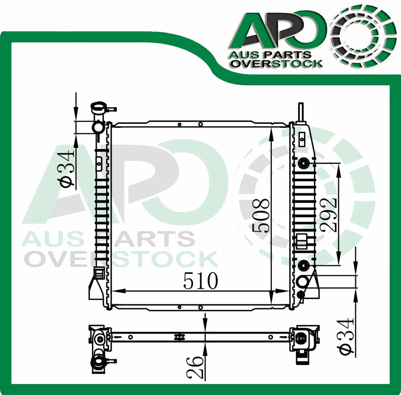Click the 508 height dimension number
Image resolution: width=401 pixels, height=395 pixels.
[261, 215]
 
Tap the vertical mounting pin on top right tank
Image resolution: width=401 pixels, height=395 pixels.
[301, 111]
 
